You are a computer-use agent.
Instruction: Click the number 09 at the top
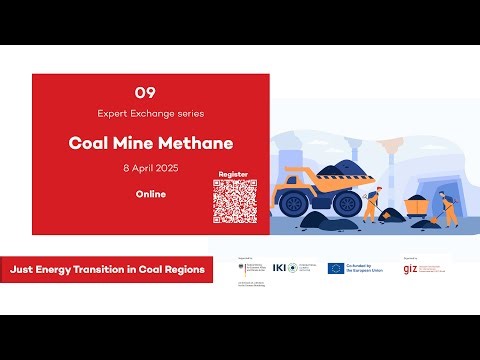coord(152,90)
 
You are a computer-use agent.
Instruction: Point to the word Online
coord(151,193)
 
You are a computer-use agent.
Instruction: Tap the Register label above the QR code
coord(233,174)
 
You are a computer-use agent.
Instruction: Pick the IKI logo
coord(292,267)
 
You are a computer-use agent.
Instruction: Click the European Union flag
coord(336,267)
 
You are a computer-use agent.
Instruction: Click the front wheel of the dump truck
coord(294,206)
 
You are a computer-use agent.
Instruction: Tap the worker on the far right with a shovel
coord(447,208)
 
